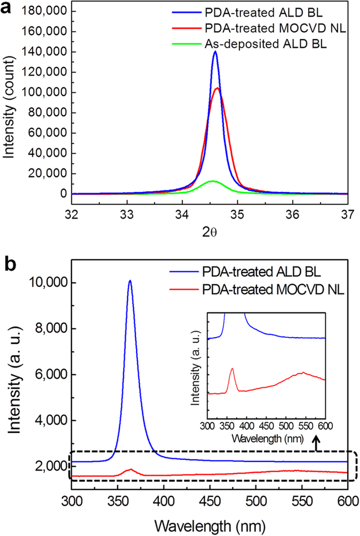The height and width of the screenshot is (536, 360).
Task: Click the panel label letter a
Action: (x=6, y=8)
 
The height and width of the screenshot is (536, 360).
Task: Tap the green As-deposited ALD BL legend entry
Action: (x=265, y=44)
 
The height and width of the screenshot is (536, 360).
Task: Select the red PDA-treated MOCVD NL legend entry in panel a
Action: (x=275, y=28)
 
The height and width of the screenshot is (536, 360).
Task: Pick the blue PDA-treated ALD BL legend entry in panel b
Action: (x=261, y=272)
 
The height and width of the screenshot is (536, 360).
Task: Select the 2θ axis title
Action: (x=209, y=232)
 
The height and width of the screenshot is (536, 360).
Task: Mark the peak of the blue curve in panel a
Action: (x=215, y=52)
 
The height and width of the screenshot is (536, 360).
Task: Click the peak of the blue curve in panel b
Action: (x=130, y=281)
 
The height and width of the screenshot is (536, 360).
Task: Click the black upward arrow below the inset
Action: (x=316, y=443)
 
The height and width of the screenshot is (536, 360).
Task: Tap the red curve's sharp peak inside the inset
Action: (x=232, y=368)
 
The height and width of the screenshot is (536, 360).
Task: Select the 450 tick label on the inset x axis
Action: (x=266, y=426)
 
